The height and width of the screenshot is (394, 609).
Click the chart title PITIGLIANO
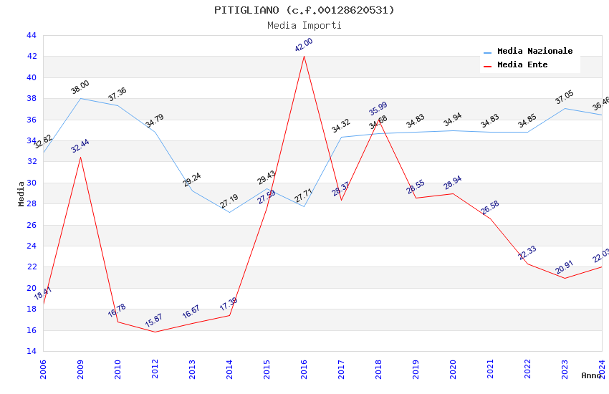pos(304,10)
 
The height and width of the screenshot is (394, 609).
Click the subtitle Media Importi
pos(304,25)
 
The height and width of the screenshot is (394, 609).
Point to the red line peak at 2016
pos(304,56)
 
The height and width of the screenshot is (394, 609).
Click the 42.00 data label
pos(304,44)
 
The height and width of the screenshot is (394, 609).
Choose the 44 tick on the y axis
pos(31,35)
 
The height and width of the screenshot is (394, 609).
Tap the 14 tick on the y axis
pos(31,351)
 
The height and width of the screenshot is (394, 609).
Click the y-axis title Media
pos(21,193)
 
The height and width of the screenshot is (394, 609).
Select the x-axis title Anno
pos(591,375)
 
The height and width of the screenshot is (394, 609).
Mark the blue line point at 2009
pos(80,98)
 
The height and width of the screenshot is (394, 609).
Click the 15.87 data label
pos(155,320)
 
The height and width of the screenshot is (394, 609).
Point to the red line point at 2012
pos(155,332)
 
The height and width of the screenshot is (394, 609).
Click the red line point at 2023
pos(565,278)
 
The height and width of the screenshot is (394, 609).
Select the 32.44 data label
pos(80,146)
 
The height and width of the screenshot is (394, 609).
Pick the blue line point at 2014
pos(229,212)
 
